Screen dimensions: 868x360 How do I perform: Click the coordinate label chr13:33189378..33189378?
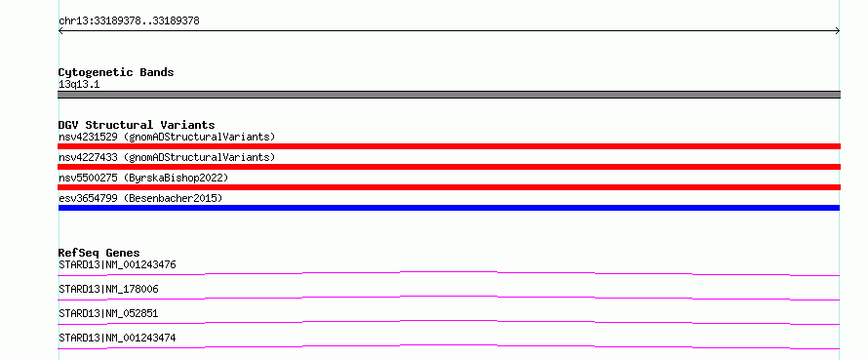pyautogui.click(x=129, y=21)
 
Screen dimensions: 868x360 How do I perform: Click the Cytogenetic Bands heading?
pyautogui.click(x=116, y=72)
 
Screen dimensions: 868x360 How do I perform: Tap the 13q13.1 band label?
pyautogui.click(x=79, y=85)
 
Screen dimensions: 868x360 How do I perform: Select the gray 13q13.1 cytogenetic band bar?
pyautogui.click(x=449, y=95)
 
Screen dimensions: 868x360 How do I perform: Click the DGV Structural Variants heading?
pyautogui.click(x=137, y=125)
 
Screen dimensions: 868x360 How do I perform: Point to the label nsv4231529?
pyautogui.click(x=88, y=137)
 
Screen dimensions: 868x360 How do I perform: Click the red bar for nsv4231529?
pyautogui.click(x=449, y=146)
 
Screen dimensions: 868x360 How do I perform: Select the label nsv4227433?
pyautogui.click(x=88, y=157)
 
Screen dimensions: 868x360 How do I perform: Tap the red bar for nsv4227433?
pyautogui.click(x=449, y=167)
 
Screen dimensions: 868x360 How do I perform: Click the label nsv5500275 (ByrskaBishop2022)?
pyautogui.click(x=143, y=179)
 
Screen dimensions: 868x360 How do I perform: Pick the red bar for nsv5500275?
pyautogui.click(x=449, y=187)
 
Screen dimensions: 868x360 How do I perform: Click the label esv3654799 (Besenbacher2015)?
pyautogui.click(x=140, y=198)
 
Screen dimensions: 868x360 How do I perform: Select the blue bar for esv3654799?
pyautogui.click(x=449, y=208)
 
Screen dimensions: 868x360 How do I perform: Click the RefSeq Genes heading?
pyautogui.click(x=99, y=253)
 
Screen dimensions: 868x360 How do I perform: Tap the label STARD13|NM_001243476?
pyautogui.click(x=117, y=264)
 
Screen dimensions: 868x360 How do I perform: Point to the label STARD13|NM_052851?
pyautogui.click(x=108, y=313)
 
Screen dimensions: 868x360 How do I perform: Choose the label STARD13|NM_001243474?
pyautogui.click(x=117, y=338)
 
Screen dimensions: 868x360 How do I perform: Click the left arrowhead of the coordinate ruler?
pyautogui.click(x=59, y=31)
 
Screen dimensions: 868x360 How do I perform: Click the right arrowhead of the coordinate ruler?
pyautogui.click(x=839, y=31)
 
